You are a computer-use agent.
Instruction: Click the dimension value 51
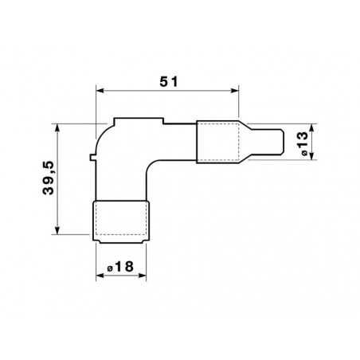tap(167, 81)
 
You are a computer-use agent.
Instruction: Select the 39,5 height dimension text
tap(49, 179)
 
